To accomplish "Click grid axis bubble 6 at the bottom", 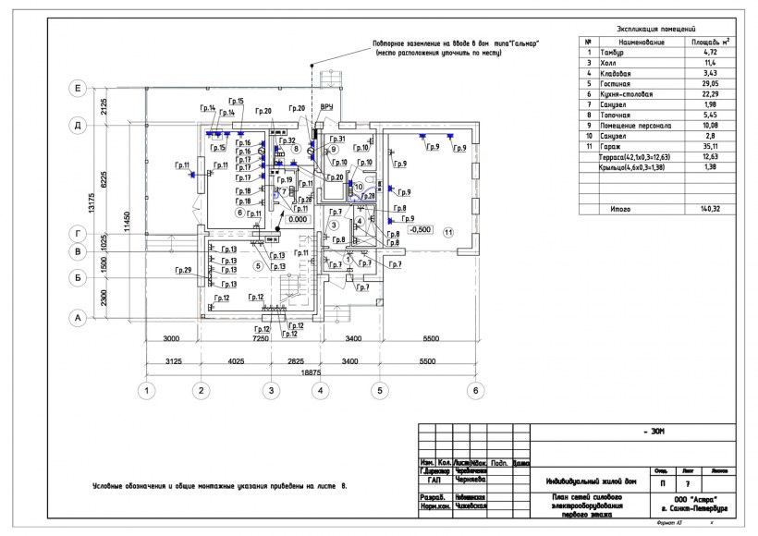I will click(x=475, y=391).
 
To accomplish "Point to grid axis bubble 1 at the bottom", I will click(x=146, y=391).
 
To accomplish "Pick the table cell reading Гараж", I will click(x=610, y=146).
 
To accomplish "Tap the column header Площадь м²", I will click(x=708, y=42).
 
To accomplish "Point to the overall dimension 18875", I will click(x=311, y=372).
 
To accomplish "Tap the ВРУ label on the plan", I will click(x=326, y=107).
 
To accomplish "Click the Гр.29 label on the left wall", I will click(x=181, y=270).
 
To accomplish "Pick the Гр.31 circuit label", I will click(x=336, y=140).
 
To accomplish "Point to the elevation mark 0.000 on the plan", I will click(x=297, y=220).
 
